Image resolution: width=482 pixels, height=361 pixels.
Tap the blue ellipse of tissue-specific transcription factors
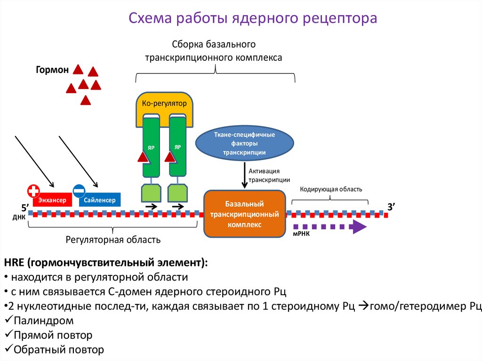pyautogui.click(x=244, y=144)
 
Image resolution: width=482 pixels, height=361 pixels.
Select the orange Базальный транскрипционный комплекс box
pyautogui.click(x=244, y=213)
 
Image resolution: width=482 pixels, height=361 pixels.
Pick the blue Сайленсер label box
pyautogui.click(x=99, y=200)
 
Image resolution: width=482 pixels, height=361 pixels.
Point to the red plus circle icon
pyautogui.click(x=33, y=191)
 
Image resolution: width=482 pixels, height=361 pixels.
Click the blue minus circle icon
pyautogui.click(x=79, y=191)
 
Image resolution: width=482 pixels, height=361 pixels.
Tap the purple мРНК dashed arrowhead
pyautogui.click(x=359, y=227)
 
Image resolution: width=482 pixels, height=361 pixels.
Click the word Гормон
pyautogui.click(x=52, y=70)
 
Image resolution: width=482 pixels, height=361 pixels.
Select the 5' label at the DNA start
pyautogui.click(x=25, y=207)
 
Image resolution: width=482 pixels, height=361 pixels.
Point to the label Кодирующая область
pyautogui.click(x=331, y=189)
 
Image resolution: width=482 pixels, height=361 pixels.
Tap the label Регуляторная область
pyautogui.click(x=113, y=240)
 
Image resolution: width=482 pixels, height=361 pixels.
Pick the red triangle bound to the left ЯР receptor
pyautogui.click(x=144, y=157)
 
